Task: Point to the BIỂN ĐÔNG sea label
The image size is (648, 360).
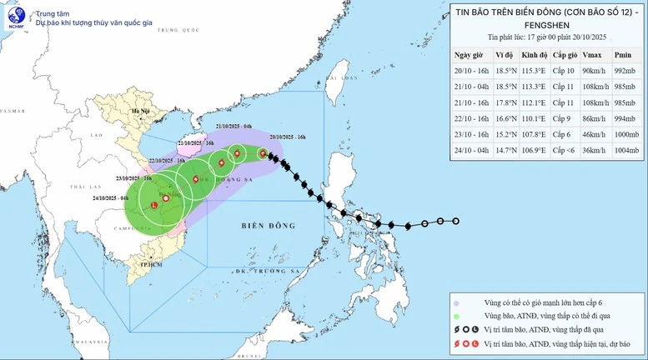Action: (269, 226)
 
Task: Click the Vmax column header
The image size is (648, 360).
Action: (589, 54)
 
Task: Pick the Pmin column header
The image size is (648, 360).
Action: (622, 54)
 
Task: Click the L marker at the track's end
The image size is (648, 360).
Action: (154, 205)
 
